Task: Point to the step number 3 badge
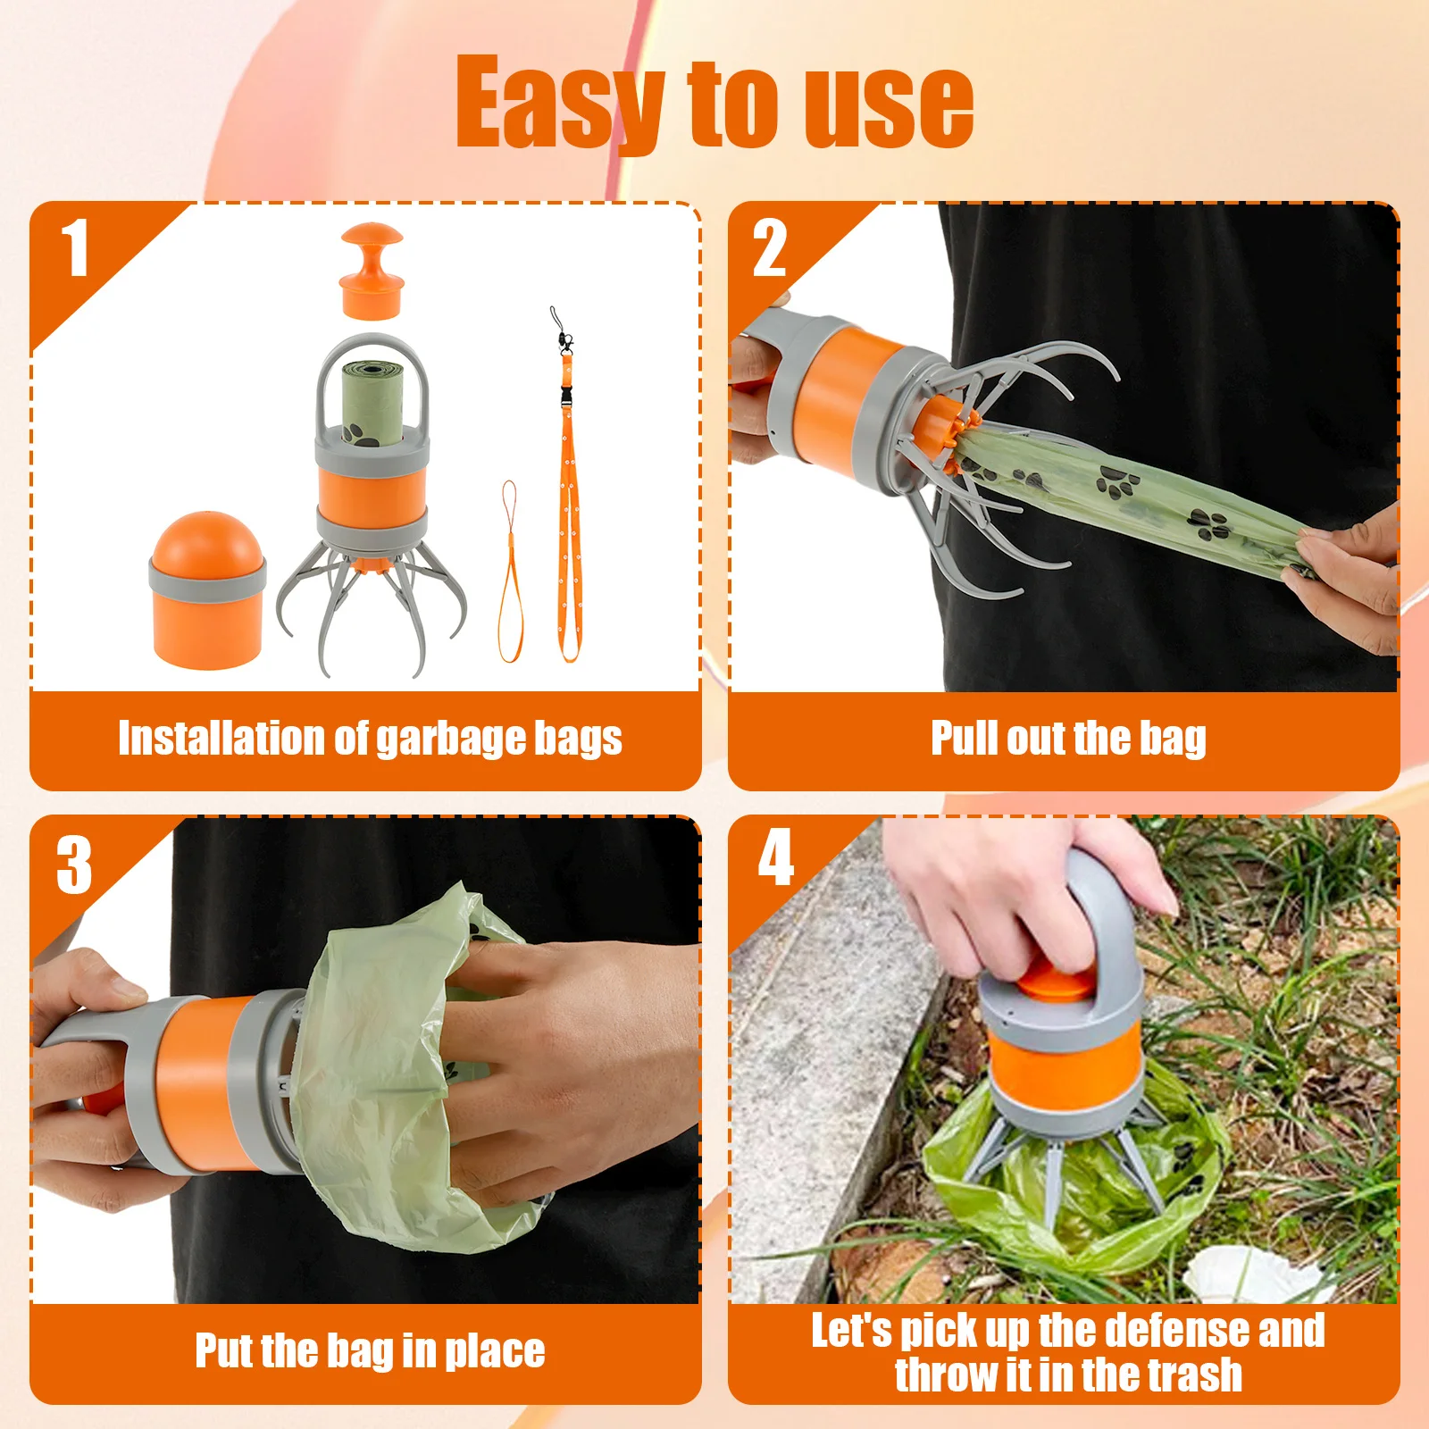pos(74,864)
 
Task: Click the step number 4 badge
pos(775,857)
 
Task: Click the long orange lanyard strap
pos(566,500)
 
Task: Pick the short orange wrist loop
pos(509,572)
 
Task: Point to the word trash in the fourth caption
pos(1194,1375)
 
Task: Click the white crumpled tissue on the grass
pos(1250,1275)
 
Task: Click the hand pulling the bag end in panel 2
pos(1349,572)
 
